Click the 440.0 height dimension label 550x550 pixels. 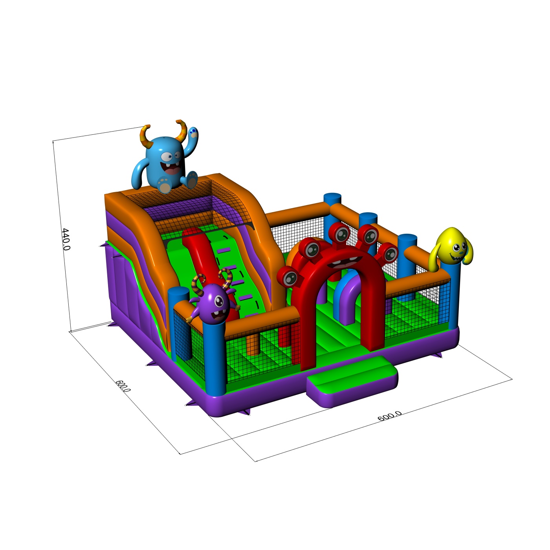66,239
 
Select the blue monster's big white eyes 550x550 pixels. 170,156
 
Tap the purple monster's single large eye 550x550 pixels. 219,301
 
